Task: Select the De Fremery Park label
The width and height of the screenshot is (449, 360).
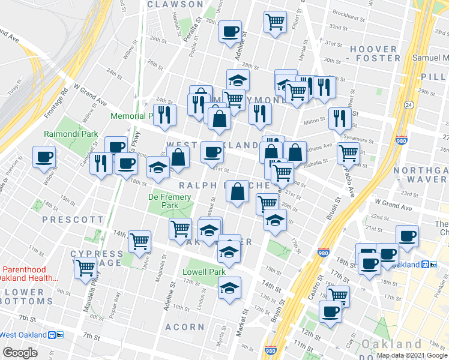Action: [x=170, y=200]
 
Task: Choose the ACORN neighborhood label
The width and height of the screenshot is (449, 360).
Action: [x=185, y=327]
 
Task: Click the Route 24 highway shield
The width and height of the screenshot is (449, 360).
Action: [x=409, y=105]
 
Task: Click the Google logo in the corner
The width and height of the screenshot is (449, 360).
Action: [x=20, y=353]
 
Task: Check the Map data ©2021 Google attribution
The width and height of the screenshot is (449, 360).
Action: [x=411, y=355]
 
